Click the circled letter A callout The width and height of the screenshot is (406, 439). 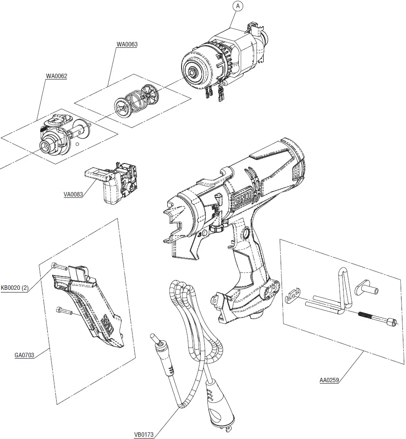237,6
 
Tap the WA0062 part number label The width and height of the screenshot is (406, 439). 56,76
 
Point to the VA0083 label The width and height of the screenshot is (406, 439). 73,195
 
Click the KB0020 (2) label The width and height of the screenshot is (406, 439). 15,288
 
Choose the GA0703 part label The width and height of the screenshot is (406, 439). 24,355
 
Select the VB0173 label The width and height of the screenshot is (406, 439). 145,434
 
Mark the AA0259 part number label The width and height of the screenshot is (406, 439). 329,380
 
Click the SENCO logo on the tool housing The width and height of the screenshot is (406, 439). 241,195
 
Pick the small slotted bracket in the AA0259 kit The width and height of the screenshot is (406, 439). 291,296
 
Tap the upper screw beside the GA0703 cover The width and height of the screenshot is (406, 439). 59,267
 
